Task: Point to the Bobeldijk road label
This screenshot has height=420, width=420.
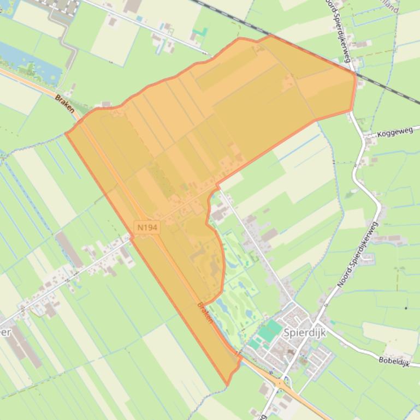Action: [393, 361]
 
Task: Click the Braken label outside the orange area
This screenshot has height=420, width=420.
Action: [64, 103]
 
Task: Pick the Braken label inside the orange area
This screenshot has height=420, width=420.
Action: [206, 313]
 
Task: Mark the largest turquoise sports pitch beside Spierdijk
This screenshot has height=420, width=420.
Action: [270, 331]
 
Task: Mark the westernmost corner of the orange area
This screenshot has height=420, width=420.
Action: [66, 133]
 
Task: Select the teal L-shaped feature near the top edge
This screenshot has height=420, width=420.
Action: [200, 32]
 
